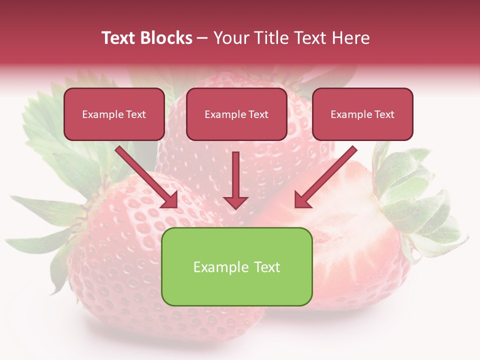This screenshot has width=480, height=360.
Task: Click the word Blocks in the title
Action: point(167,38)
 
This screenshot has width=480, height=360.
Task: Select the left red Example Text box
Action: point(114,114)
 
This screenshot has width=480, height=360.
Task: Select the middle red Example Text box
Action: point(236,114)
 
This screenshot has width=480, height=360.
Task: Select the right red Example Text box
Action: point(362,114)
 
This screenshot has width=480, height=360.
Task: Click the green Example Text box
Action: point(236,266)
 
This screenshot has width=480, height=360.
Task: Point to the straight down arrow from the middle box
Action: point(235,177)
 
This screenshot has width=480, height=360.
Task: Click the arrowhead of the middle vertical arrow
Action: point(235,202)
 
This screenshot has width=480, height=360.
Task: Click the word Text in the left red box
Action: point(135,114)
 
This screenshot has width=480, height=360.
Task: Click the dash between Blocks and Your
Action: point(202,38)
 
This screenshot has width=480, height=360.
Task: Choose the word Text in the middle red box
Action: point(258,114)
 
